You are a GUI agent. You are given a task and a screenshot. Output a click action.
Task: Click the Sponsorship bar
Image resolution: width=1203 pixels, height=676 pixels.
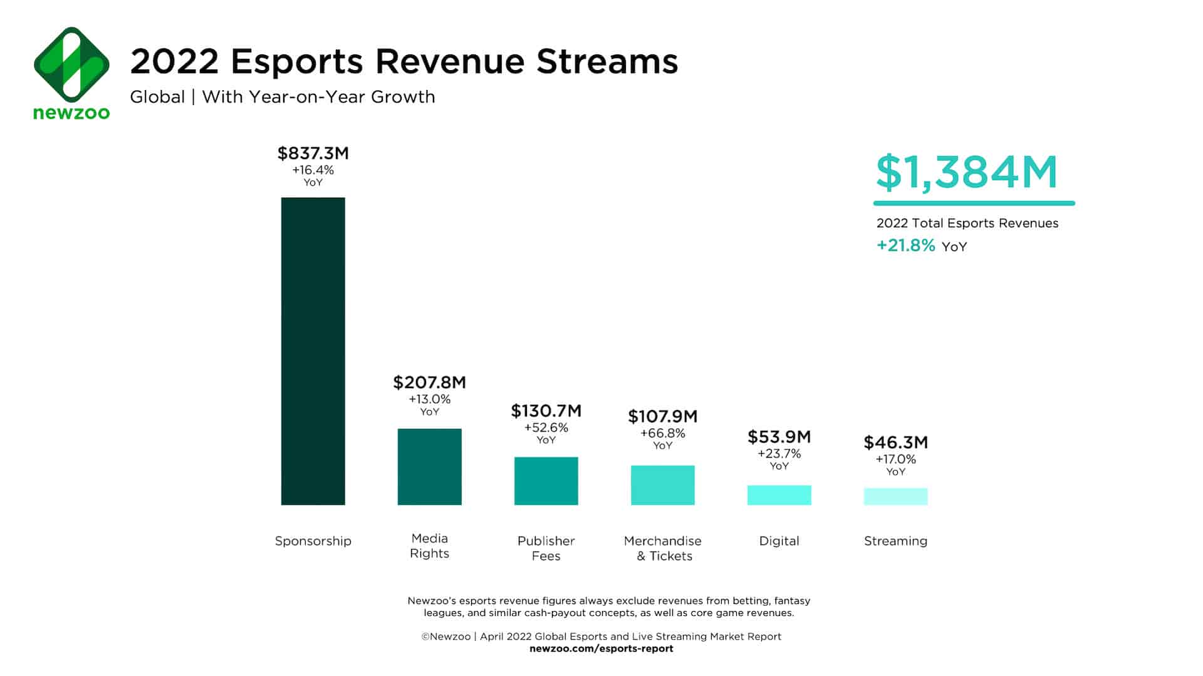[313, 351]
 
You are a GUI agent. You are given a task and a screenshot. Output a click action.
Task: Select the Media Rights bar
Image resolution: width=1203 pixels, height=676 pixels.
[429, 466]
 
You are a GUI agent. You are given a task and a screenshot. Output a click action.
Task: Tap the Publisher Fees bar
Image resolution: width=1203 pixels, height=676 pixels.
[546, 481]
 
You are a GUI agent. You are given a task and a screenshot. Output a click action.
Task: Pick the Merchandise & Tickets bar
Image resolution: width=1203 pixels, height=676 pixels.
[662, 485]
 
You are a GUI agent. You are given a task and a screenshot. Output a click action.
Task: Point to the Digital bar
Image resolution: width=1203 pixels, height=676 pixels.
[779, 495]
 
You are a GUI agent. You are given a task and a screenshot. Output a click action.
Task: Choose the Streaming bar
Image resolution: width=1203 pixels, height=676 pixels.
[895, 496]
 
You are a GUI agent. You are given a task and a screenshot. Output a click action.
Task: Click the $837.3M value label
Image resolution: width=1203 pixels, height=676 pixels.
[313, 153]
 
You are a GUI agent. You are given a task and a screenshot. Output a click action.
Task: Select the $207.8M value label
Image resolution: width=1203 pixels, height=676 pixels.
[429, 382]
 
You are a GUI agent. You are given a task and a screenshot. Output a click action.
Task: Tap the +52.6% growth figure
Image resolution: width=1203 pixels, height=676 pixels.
[546, 428]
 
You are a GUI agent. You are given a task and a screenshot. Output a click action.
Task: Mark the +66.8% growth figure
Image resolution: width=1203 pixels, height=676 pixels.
[662, 433]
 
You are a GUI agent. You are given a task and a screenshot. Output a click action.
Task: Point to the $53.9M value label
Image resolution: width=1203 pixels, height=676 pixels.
[779, 436]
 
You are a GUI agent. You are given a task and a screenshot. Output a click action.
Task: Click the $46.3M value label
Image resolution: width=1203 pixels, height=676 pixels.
[895, 443]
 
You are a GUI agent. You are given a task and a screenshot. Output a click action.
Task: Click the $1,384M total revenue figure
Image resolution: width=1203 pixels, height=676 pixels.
[967, 172]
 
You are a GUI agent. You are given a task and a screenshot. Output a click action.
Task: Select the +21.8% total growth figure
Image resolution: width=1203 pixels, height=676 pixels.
[905, 245]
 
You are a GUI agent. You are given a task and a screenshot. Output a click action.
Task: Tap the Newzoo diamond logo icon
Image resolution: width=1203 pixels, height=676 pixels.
[71, 64]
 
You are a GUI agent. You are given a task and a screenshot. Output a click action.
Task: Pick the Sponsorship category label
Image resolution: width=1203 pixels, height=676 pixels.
[313, 541]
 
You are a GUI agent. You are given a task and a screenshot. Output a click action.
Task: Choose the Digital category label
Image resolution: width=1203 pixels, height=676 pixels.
[779, 541]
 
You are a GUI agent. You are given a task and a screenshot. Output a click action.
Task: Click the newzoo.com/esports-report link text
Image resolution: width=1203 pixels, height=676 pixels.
[601, 648]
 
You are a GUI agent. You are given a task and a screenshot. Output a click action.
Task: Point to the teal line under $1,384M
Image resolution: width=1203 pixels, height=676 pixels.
[974, 203]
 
